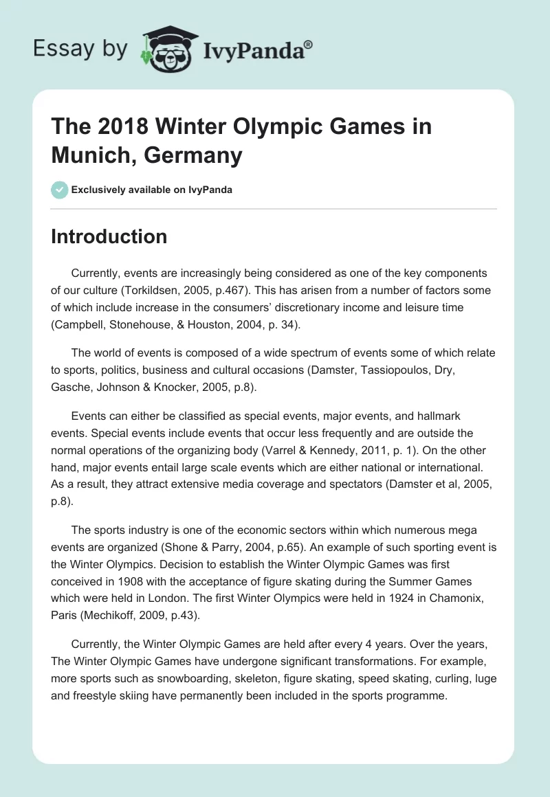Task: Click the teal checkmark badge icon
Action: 59,189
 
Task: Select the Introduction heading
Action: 109,236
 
